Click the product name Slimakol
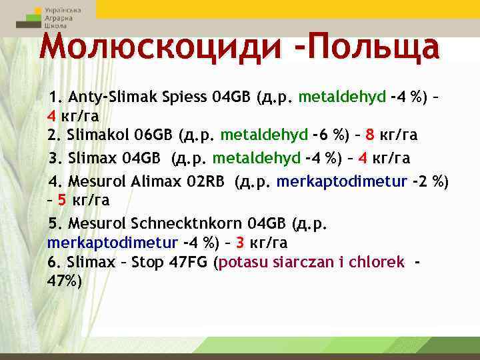tap(97, 135)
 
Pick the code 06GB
tap(152, 135)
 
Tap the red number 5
tap(61, 199)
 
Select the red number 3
tap(240, 242)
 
